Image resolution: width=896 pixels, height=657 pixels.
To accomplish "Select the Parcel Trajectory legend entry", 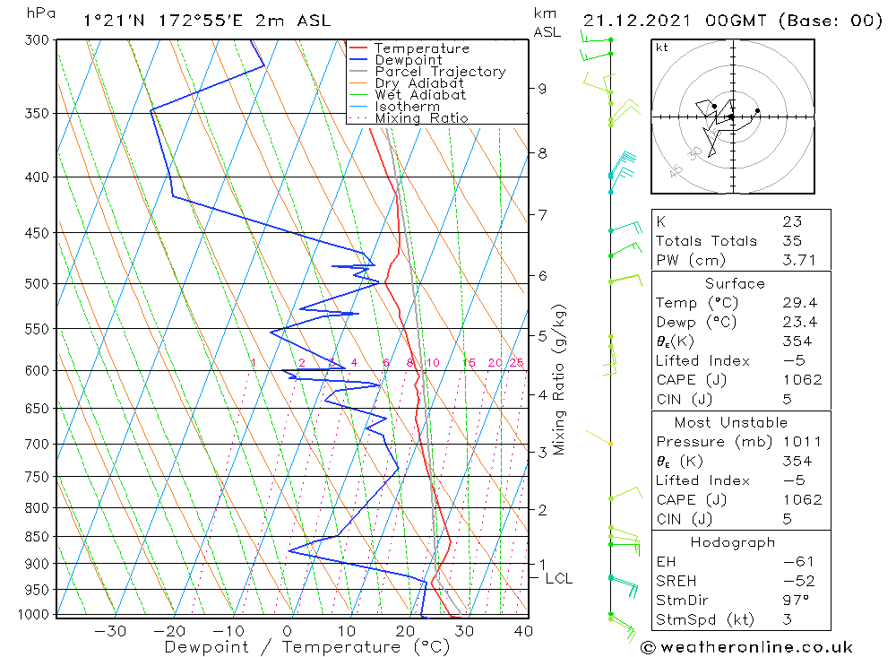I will click(440, 72).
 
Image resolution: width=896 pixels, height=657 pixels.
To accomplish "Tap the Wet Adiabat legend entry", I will click(420, 95).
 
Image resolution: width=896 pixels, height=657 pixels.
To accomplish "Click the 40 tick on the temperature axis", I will click(522, 630).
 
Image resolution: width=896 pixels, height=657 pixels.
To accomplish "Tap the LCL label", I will click(558, 579).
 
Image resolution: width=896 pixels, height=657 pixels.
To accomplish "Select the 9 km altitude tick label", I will click(543, 89).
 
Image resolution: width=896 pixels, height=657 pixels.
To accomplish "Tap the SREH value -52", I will click(797, 581).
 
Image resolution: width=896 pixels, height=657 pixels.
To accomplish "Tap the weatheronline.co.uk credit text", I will click(745, 647).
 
